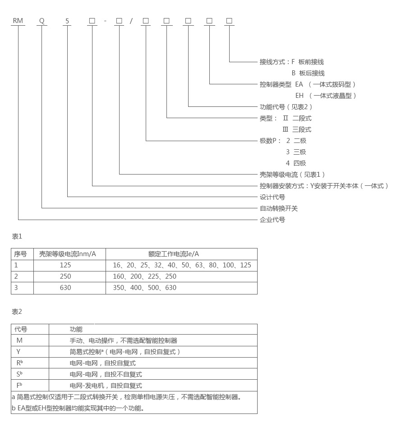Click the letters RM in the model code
[18, 21]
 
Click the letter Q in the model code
[42, 21]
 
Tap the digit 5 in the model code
[67, 21]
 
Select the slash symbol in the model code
[131, 21]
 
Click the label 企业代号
[272, 220]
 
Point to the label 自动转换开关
[279, 208]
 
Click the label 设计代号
[272, 197]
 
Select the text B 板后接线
[308, 73]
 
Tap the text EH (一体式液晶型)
[326, 96]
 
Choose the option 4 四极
[296, 163]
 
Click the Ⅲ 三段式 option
[297, 129]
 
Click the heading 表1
[17, 236]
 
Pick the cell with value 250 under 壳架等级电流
[65, 276]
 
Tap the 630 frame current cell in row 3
[65, 288]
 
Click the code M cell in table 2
[19, 340]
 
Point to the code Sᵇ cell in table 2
[19, 374]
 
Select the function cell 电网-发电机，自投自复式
[106, 386]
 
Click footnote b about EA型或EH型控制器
[78, 408]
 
